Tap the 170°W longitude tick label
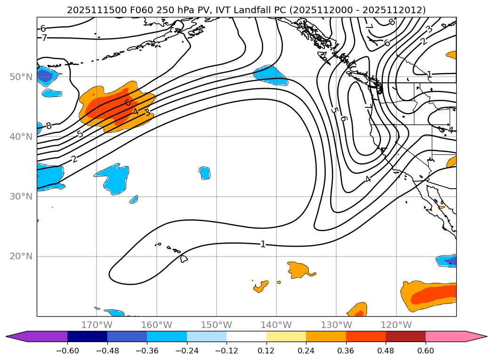97,325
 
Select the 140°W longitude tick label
276,325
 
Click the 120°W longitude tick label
396,325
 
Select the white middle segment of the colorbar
246,336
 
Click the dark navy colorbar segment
87,336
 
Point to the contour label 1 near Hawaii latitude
263,244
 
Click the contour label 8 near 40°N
48,126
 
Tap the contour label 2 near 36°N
74,159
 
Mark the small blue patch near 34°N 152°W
204,173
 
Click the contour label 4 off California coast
368,179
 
